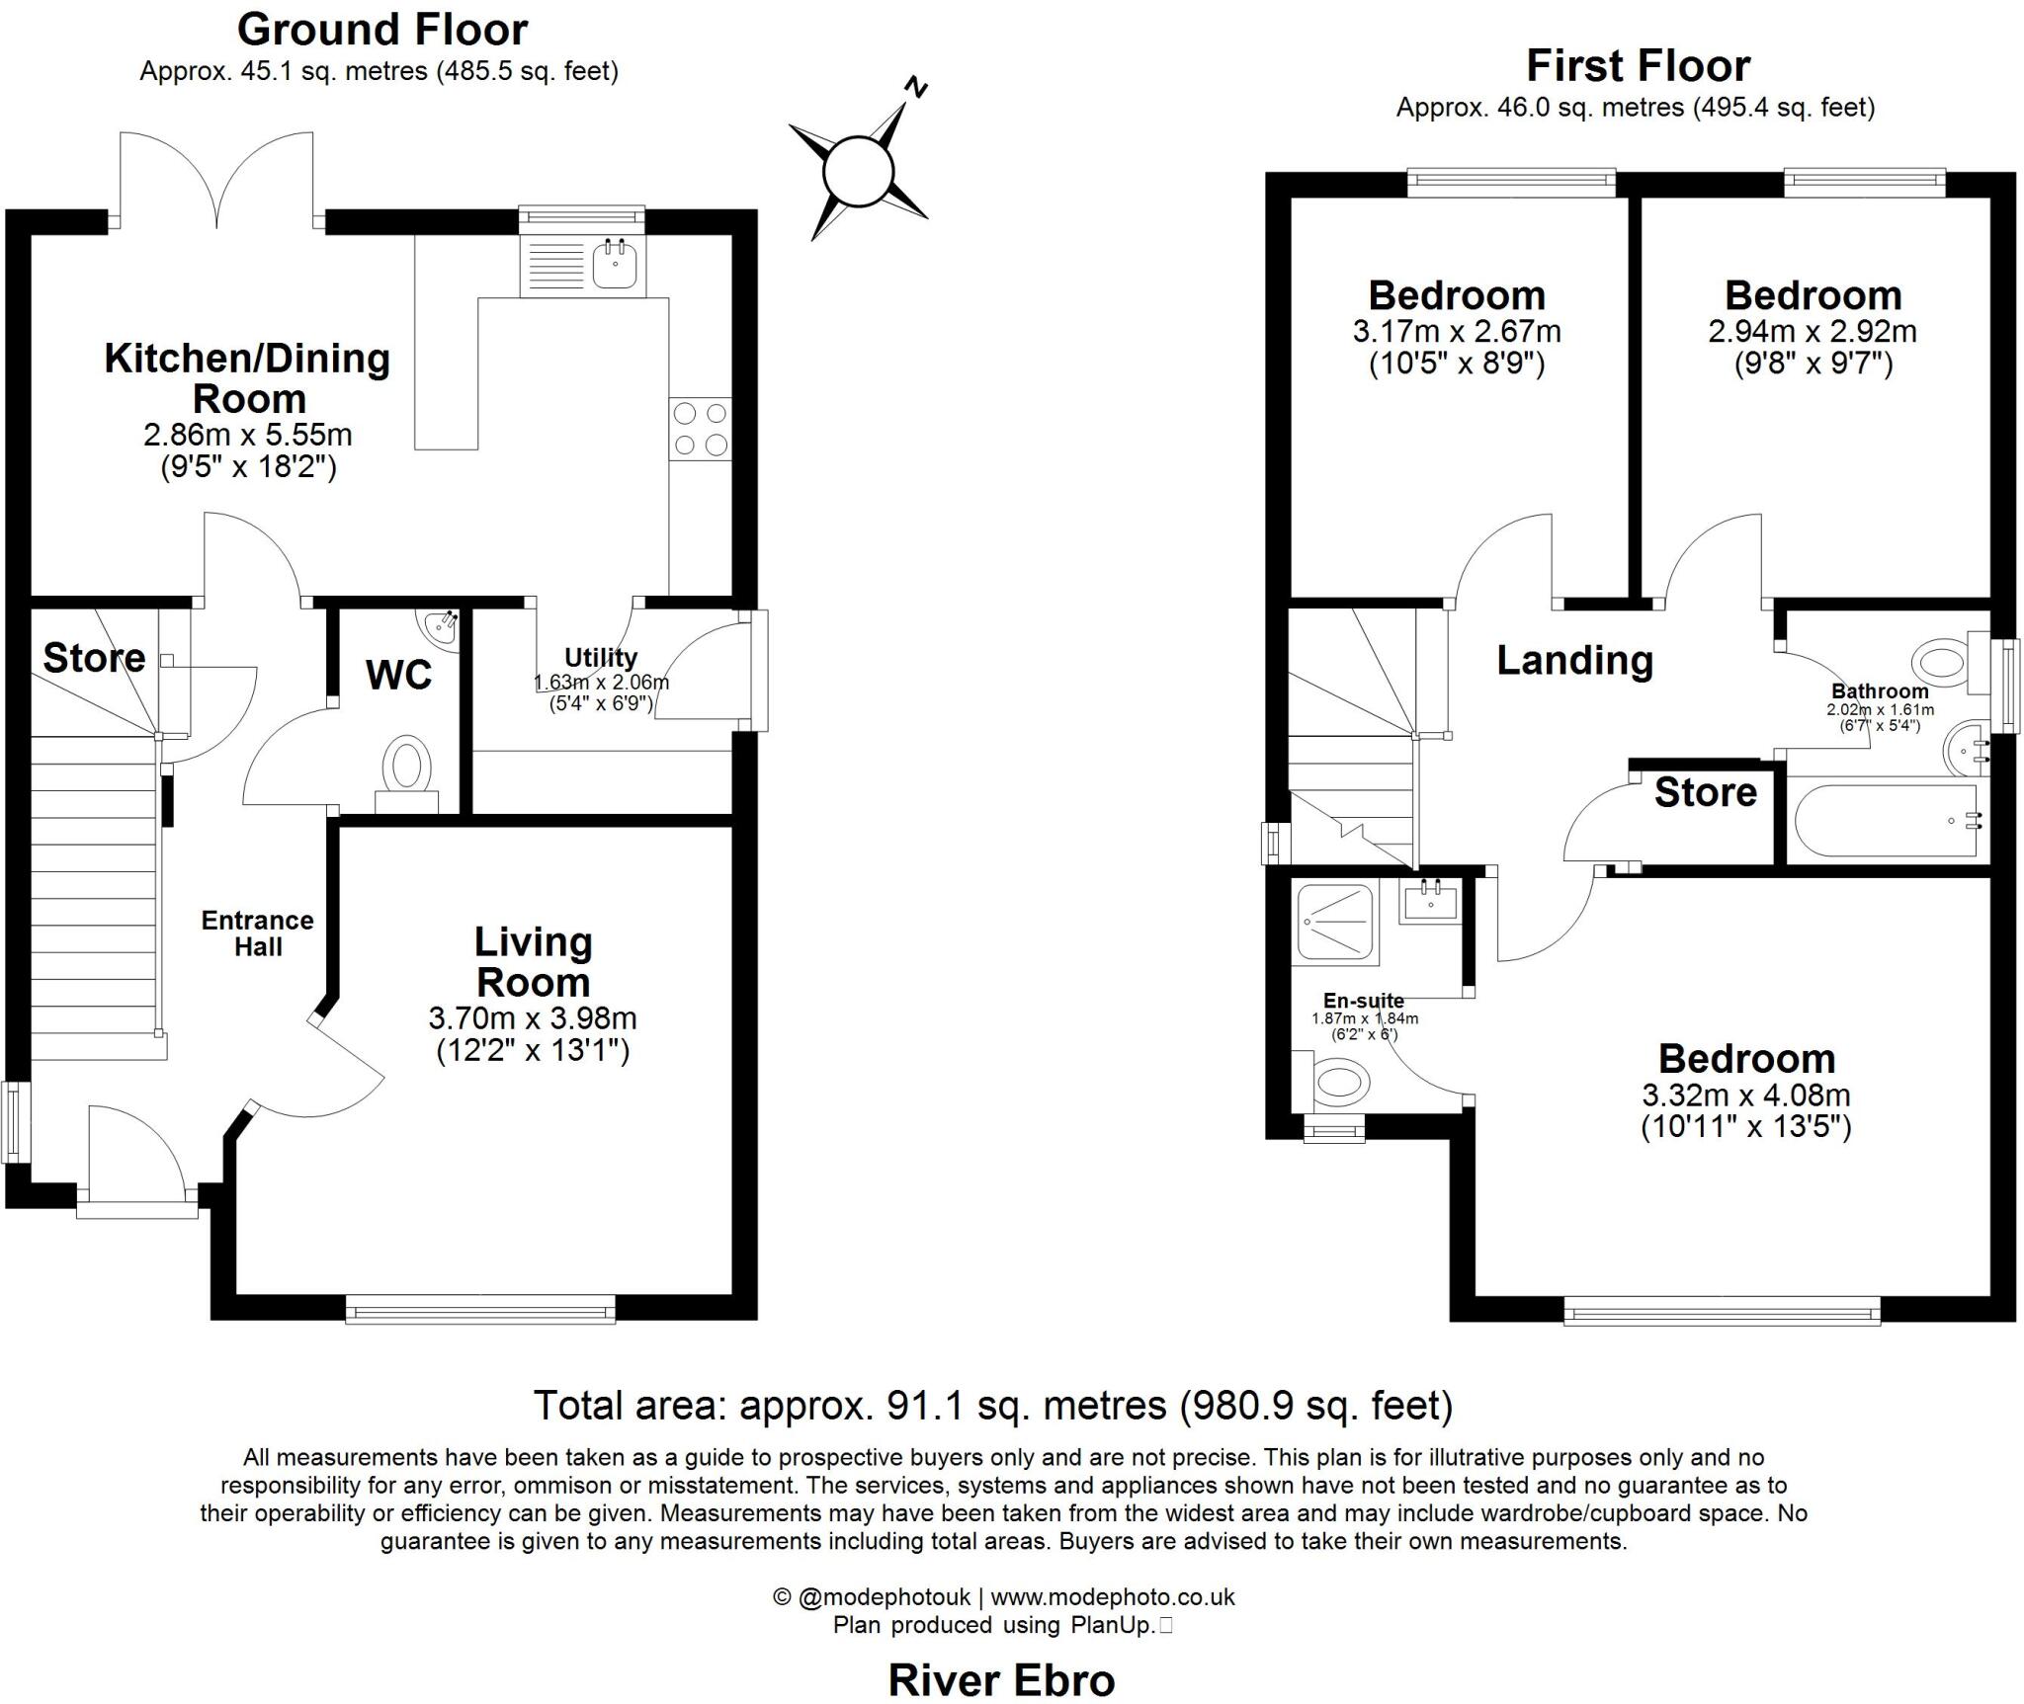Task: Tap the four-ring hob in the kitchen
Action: (701, 428)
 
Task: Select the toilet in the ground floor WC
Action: (408, 768)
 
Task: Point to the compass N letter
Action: (917, 89)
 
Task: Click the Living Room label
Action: (534, 962)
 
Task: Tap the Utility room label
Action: (601, 657)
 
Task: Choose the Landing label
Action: (1574, 660)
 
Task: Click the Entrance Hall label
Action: (258, 933)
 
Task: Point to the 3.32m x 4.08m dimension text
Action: (1746, 1095)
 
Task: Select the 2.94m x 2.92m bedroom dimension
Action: (1813, 330)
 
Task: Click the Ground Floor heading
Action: (382, 30)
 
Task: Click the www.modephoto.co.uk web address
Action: (1113, 1596)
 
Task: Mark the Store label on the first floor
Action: (1706, 792)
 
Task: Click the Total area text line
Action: (993, 1405)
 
